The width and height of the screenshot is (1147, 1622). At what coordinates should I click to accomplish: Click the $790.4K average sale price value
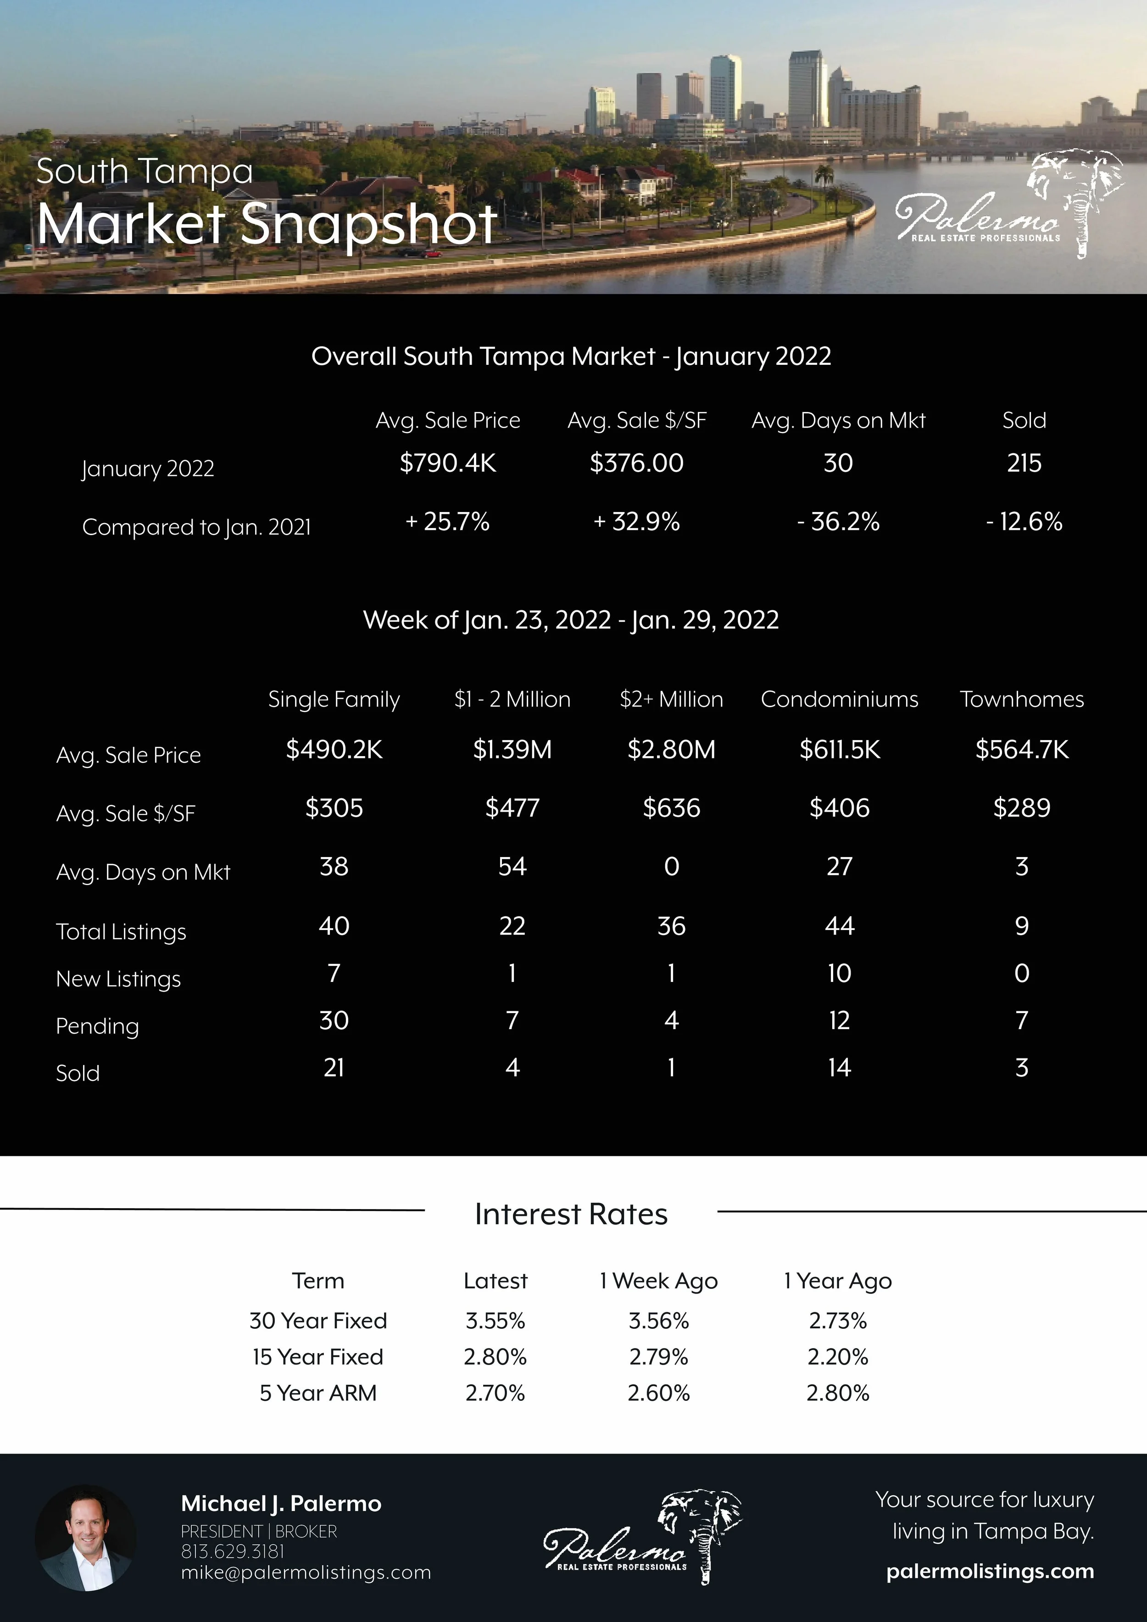click(448, 463)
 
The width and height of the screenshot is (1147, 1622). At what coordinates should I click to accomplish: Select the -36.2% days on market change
click(838, 522)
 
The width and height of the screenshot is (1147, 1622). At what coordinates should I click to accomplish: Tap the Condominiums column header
click(839, 699)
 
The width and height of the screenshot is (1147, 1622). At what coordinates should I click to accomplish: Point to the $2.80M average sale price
click(671, 750)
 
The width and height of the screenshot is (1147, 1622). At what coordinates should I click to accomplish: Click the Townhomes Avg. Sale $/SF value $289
click(1021, 808)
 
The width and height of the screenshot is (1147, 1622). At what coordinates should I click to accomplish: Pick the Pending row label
click(97, 1026)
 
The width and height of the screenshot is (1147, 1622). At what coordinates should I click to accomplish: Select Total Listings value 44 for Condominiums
click(839, 926)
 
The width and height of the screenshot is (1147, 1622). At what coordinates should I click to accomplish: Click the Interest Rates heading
click(571, 1215)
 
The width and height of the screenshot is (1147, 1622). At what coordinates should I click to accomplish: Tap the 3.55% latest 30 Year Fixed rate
click(495, 1321)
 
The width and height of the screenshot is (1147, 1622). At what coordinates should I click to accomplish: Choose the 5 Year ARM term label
click(318, 1393)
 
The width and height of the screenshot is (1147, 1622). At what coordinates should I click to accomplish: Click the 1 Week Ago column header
click(658, 1281)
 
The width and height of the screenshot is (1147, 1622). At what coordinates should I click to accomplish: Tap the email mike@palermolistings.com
click(306, 1572)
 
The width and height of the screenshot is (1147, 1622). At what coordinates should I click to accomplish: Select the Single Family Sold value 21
click(334, 1068)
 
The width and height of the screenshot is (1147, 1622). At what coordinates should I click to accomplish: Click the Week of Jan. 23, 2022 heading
click(571, 620)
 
